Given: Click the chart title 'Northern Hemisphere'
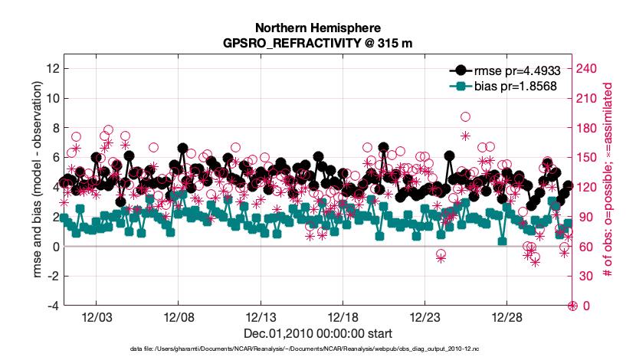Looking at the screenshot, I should (x=317, y=28).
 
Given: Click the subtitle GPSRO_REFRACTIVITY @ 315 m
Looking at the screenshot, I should (x=317, y=44).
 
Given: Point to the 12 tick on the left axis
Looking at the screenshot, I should (x=53, y=68).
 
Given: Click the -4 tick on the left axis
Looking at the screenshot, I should (x=53, y=306).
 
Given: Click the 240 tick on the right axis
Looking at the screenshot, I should (x=586, y=68).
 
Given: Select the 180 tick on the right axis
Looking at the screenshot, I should (x=586, y=127).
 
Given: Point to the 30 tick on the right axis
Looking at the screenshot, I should (x=584, y=276).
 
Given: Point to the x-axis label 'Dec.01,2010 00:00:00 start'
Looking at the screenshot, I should (x=317, y=333).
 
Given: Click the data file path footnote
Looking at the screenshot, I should (x=317, y=349).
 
